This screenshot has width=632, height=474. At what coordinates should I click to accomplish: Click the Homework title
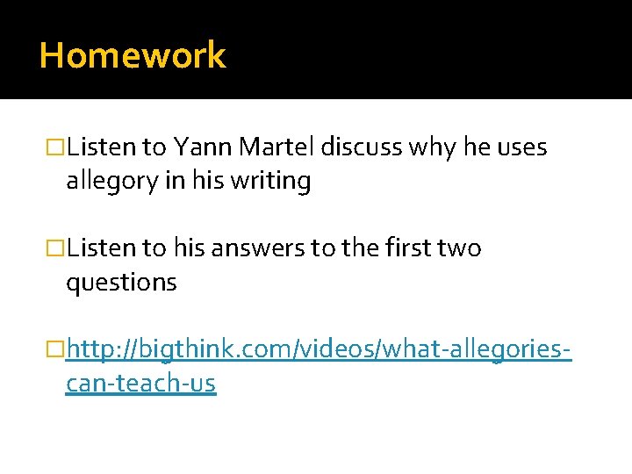point(133,55)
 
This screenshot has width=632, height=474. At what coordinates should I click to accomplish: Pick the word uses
point(521,147)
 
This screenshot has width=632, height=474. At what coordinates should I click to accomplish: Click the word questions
point(121,283)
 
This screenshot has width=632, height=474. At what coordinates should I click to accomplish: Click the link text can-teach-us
point(140,384)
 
